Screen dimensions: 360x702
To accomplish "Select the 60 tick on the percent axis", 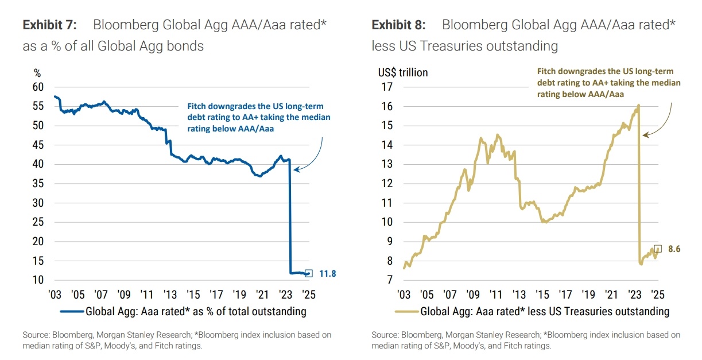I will [38, 87].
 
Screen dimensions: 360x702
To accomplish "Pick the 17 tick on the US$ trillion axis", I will [386, 87].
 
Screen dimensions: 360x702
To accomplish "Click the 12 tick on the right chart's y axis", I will [386, 184].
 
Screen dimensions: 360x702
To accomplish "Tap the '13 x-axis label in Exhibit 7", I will [170, 295].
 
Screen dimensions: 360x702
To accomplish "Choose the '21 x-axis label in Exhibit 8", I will [611, 295].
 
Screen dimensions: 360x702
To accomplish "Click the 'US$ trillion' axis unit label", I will [402, 73].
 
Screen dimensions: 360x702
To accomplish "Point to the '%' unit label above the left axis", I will [38, 73].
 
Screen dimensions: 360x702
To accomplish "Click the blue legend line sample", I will [71, 312].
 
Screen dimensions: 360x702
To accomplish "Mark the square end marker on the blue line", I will [309, 273].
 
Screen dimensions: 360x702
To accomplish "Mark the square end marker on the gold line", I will [658, 249].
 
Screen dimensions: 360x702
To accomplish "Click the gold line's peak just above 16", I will [638, 106].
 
